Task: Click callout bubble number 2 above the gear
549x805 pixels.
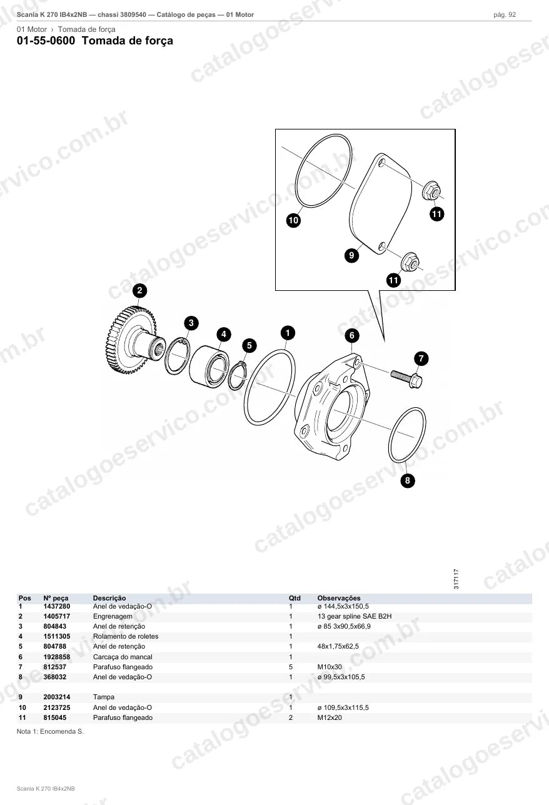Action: (140, 290)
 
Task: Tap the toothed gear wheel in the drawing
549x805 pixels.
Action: (131, 340)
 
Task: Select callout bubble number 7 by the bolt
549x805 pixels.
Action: (421, 358)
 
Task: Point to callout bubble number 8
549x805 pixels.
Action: (408, 480)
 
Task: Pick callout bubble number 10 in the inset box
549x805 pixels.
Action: (293, 220)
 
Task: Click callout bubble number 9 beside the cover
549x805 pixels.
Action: (351, 255)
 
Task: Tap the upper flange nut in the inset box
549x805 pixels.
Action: (431, 191)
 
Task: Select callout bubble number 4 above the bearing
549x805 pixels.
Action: (223, 334)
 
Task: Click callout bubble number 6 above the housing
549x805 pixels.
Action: (352, 335)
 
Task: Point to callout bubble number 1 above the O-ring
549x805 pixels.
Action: (288, 333)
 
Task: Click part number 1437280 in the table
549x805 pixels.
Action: (57, 606)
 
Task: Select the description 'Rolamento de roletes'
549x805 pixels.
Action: (126, 636)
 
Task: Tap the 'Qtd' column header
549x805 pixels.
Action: (295, 598)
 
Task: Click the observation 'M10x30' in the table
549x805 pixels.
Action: (330, 667)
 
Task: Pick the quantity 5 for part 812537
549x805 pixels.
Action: (291, 667)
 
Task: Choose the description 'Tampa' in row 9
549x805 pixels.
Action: (103, 697)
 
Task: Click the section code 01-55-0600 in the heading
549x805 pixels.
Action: (46, 41)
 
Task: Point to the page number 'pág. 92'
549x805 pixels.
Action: (505, 15)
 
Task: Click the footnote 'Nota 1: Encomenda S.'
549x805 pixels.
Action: (50, 731)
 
